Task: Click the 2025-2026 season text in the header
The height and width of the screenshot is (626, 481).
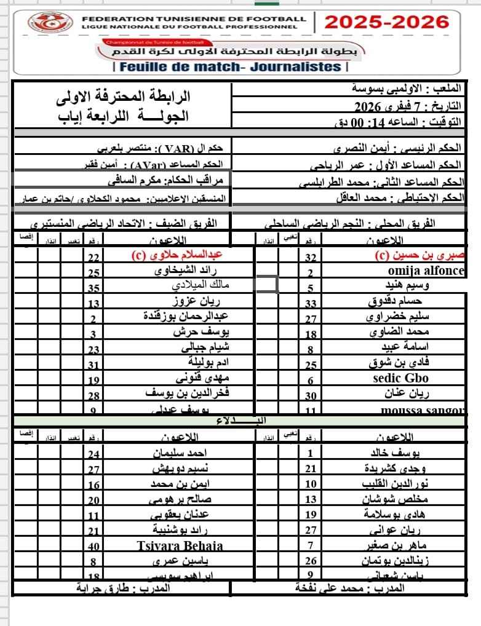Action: [x=386, y=22]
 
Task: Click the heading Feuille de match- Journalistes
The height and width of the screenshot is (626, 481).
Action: [x=231, y=66]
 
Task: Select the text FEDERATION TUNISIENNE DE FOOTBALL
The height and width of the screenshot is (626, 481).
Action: [x=194, y=19]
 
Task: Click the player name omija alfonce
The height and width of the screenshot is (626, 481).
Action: [x=426, y=271]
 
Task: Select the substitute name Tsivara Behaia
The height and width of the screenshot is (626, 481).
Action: [x=180, y=545]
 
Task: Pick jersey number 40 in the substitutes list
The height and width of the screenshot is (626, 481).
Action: [x=93, y=545]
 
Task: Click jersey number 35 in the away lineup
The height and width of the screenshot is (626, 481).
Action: [x=93, y=287]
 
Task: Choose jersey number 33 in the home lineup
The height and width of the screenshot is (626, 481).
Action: [x=311, y=303]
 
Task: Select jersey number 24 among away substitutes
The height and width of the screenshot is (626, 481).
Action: [x=93, y=454]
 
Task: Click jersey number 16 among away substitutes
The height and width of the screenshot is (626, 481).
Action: [x=93, y=485]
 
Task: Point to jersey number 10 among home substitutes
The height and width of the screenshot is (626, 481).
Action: [x=311, y=485]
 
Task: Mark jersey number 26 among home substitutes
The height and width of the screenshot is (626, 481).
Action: [x=311, y=560]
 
